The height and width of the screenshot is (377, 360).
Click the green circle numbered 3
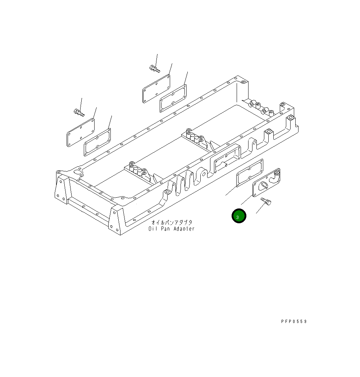[x=238, y=216]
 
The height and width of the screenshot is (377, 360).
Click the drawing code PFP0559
[x=294, y=322]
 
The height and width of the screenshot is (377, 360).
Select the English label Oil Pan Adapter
[x=171, y=229]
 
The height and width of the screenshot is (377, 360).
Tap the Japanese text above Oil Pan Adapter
[x=172, y=223]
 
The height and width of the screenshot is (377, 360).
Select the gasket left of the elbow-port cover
[x=249, y=174]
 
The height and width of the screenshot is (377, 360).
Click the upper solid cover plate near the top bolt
[x=156, y=88]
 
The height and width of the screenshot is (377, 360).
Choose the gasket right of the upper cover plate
[x=173, y=98]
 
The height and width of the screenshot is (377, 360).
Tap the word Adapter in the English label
[x=182, y=229]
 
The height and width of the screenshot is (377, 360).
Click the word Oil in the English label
[x=153, y=229]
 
